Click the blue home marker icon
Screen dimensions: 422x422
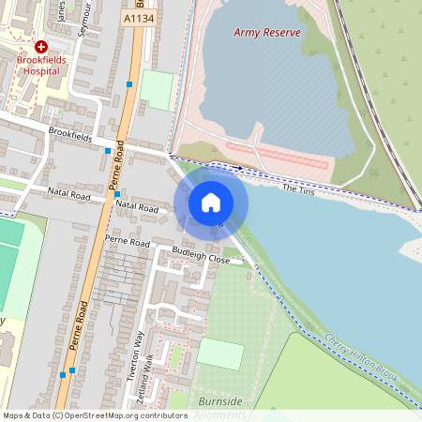click(210, 202)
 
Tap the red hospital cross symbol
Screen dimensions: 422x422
click(40, 46)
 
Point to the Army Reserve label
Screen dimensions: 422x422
click(267, 33)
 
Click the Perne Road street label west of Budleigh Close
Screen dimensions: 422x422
click(127, 242)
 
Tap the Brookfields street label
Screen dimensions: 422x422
click(70, 136)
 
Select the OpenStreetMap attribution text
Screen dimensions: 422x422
click(82, 415)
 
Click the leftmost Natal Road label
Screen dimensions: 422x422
click(68, 195)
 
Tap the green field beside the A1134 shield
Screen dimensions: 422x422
click(157, 90)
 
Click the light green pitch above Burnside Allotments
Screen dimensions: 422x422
click(220, 354)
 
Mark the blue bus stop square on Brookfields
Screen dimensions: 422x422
click(108, 150)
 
